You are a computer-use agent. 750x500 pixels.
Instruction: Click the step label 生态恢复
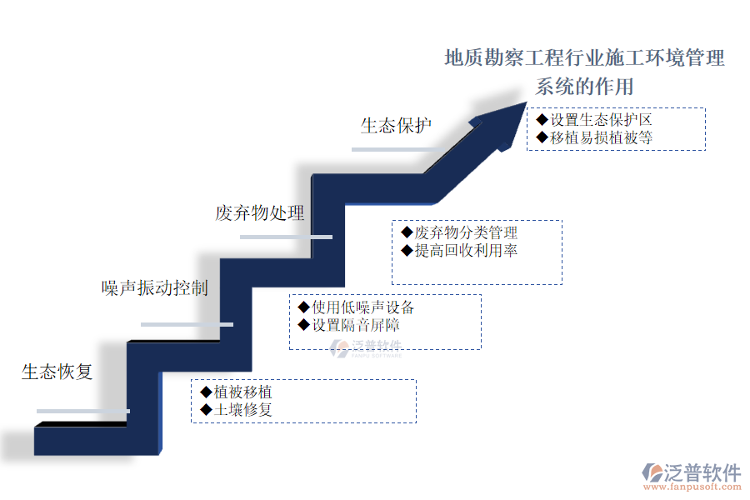pos(57,372)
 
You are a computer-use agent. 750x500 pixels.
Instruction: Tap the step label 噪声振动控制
pos(155,288)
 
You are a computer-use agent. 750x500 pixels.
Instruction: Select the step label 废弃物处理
pos(260,213)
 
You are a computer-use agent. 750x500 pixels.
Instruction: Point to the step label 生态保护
pos(397,126)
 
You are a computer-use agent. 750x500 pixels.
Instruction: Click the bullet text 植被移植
pos(242,392)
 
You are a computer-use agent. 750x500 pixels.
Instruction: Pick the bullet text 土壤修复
pos(242,410)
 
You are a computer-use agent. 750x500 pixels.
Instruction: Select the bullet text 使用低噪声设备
pos(362,307)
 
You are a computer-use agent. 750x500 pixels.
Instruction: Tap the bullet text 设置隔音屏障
pos(356,325)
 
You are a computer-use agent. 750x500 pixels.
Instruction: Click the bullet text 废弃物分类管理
pos(466,232)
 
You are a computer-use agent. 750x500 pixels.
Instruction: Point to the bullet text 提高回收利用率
pos(466,250)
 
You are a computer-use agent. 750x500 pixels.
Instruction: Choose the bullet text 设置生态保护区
pos(600,120)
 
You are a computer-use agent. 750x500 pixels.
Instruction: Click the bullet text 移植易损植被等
pos(600,138)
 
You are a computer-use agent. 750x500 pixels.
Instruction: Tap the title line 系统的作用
pos(584,87)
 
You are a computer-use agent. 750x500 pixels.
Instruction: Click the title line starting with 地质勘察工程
pos(584,58)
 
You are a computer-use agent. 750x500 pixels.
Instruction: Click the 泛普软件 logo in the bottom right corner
pos(691,472)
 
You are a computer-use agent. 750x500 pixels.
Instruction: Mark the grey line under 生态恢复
pos(83,411)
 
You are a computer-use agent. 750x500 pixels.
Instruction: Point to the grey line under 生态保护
pos(397,149)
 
